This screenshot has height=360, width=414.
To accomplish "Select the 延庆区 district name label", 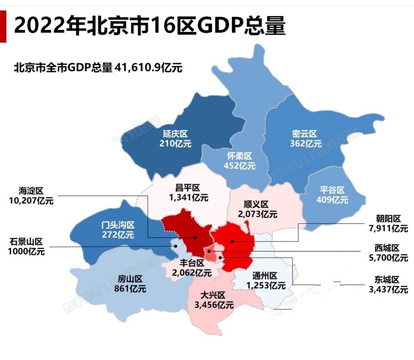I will coord(175,134).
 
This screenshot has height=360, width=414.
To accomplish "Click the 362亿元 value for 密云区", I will coord(306,144).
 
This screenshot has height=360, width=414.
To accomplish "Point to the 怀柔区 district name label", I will coord(239,156).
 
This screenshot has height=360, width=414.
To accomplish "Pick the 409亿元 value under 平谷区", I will coord(332,200).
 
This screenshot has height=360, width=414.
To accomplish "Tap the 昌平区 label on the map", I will coord(188,188).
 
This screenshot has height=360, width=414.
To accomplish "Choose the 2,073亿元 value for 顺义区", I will coord(257,214).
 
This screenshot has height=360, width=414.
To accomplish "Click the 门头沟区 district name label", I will coord(118,225).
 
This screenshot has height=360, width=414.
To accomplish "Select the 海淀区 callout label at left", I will coord(31,191).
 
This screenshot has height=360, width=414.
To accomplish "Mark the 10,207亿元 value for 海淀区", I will coord(31,201).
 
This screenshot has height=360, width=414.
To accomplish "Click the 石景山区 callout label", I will coord(26,242).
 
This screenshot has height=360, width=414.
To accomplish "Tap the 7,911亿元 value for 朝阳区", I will coord(388,228).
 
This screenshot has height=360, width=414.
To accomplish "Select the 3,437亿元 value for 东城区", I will coord(388,289).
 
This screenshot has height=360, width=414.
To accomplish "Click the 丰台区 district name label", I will coord(192,263).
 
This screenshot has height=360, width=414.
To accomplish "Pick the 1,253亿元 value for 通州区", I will coord(266,286).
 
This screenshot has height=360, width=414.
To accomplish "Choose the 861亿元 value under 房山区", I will coord(130,289).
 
